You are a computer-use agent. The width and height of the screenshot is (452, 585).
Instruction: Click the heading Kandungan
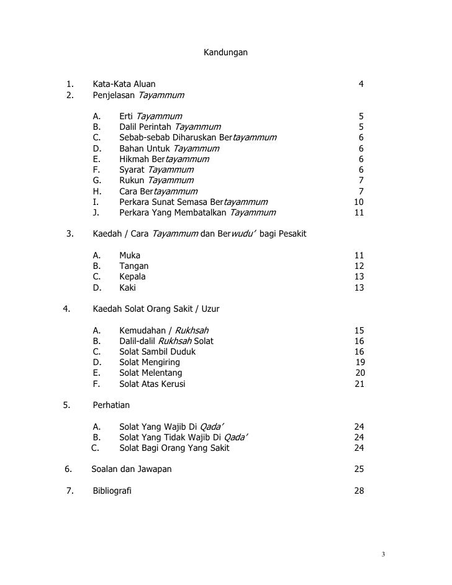click(x=225, y=53)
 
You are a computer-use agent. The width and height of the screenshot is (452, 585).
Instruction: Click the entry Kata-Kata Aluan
click(x=124, y=84)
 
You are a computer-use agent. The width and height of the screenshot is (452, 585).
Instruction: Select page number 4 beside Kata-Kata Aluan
click(x=361, y=84)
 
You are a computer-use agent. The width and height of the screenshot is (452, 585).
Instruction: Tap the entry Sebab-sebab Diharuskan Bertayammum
click(x=197, y=137)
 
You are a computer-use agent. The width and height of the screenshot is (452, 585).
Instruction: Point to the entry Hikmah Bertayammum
click(x=164, y=159)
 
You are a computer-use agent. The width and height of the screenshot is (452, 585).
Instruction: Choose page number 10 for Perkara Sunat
click(x=358, y=202)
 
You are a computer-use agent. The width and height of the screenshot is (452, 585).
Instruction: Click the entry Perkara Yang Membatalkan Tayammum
click(x=197, y=213)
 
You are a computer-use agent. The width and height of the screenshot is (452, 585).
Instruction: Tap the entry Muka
click(x=130, y=255)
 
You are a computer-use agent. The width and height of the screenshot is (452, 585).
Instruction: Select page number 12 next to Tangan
click(x=358, y=266)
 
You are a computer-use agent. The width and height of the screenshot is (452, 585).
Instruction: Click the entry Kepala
click(x=132, y=277)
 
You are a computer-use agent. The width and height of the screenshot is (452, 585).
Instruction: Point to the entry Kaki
click(x=127, y=288)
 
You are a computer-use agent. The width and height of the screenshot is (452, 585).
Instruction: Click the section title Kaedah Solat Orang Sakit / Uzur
click(x=156, y=309)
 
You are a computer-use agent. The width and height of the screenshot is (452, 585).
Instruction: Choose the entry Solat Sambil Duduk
click(x=157, y=351)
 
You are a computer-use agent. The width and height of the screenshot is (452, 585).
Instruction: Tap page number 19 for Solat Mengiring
click(x=359, y=362)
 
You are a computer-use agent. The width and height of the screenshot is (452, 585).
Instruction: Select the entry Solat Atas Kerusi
click(x=152, y=384)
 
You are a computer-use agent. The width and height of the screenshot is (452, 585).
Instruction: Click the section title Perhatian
click(x=111, y=405)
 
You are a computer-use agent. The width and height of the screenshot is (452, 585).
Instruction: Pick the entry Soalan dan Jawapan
click(x=132, y=469)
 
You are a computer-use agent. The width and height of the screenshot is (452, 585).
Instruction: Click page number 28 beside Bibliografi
click(x=358, y=491)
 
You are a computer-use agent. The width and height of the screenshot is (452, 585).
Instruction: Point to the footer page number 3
click(x=384, y=554)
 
